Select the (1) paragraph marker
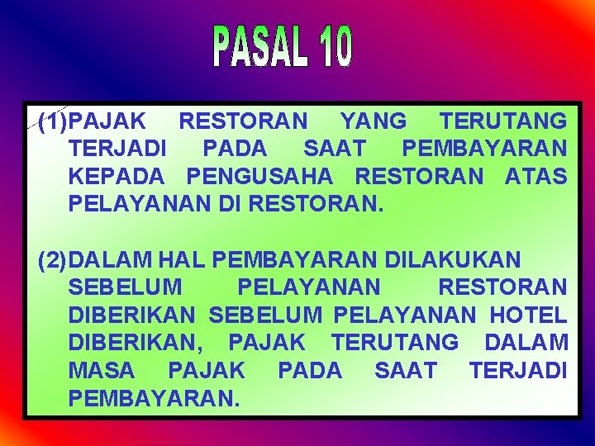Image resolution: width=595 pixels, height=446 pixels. pyautogui.click(x=54, y=122)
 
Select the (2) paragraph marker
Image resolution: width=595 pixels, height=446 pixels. pyautogui.click(x=54, y=260)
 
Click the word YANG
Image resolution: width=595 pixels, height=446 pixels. pyautogui.click(x=374, y=122)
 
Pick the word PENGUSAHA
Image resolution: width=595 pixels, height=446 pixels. pyautogui.click(x=260, y=177)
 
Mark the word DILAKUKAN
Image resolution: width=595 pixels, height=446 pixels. pyautogui.click(x=453, y=260)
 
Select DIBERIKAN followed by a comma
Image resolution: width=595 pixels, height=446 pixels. pyautogui.click(x=138, y=343)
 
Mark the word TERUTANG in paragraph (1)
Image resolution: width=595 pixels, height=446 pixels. pyautogui.click(x=503, y=122)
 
